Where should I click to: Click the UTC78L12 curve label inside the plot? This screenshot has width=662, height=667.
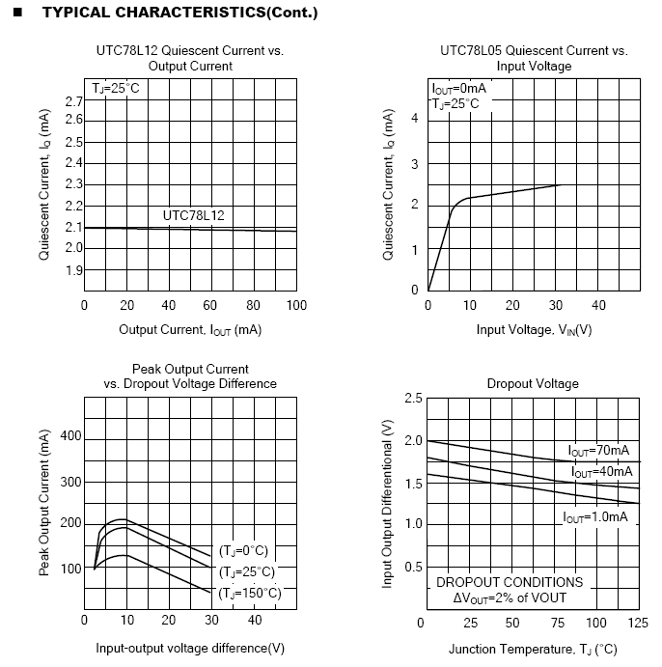pyautogui.click(x=193, y=215)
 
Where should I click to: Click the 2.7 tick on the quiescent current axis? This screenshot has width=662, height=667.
pyautogui.click(x=73, y=101)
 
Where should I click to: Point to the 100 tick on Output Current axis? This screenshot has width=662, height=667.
pyautogui.click(x=296, y=305)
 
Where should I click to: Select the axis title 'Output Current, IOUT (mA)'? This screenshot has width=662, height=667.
pyautogui.click(x=190, y=329)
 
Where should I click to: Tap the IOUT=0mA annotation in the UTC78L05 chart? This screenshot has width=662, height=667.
pyautogui.click(x=459, y=89)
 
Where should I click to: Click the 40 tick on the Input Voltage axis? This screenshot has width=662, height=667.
pyautogui.click(x=598, y=305)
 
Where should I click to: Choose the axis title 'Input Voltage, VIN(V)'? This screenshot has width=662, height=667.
pyautogui.click(x=534, y=329)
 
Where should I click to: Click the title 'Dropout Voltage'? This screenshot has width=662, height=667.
pyautogui.click(x=533, y=383)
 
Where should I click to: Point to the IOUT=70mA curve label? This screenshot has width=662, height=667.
pyautogui.click(x=598, y=451)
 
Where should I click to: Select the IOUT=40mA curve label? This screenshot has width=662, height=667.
pyautogui.click(x=601, y=472)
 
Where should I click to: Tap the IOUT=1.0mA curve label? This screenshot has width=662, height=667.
pyautogui.click(x=595, y=517)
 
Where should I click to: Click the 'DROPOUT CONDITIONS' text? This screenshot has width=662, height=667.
pyautogui.click(x=510, y=582)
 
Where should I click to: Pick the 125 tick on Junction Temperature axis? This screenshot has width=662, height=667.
pyautogui.click(x=639, y=624)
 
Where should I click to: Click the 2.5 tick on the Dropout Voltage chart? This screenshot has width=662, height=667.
pyautogui.click(x=413, y=399)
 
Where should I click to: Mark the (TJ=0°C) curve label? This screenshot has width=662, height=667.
pyautogui.click(x=243, y=551)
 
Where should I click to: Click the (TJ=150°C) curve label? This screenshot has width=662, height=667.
pyautogui.click(x=250, y=593)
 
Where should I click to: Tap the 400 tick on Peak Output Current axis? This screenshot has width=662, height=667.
pyautogui.click(x=71, y=436)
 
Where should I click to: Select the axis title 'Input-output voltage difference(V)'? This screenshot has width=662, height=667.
pyautogui.click(x=190, y=648)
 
